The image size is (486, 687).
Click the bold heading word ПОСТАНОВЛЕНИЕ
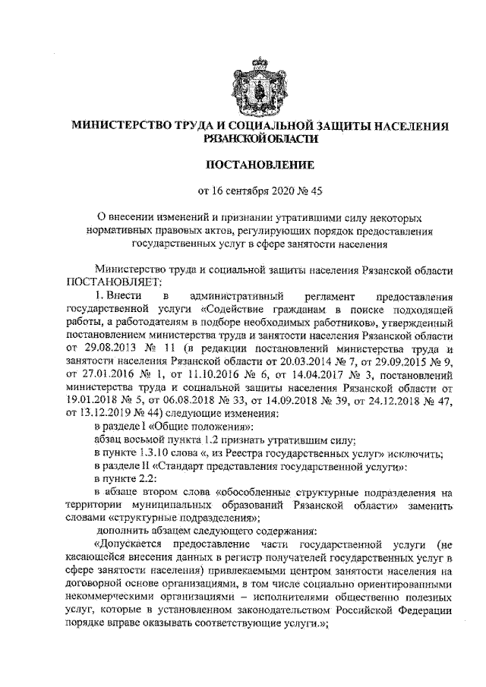[x=242, y=162]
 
